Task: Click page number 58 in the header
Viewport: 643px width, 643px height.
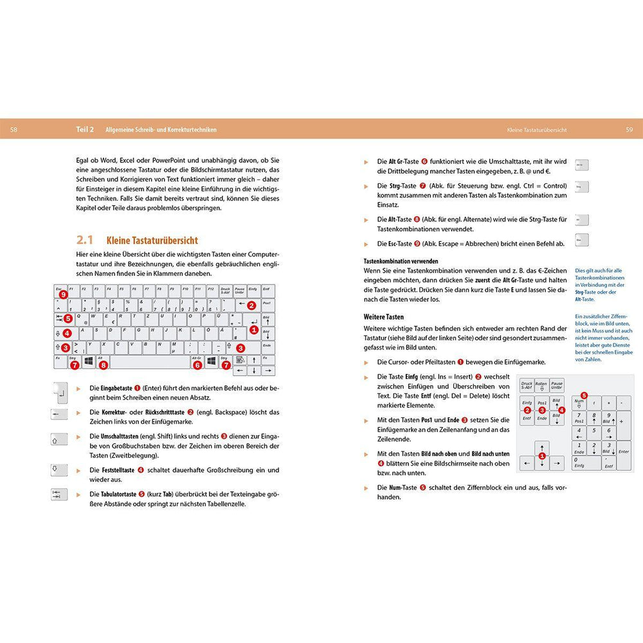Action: click(x=14, y=129)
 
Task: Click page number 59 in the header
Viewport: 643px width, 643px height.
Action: click(x=629, y=129)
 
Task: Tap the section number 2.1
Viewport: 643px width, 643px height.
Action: click(x=84, y=240)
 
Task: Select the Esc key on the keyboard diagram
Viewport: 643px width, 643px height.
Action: click(x=60, y=291)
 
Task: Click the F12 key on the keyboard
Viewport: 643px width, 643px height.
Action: click(x=212, y=291)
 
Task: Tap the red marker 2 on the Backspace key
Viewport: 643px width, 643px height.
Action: click(x=251, y=305)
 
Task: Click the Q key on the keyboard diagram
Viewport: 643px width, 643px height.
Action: click(x=80, y=319)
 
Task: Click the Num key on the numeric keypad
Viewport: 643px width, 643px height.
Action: click(x=579, y=403)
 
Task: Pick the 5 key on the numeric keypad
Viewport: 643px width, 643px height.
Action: click(x=594, y=433)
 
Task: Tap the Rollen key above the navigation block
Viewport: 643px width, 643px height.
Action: click(x=541, y=386)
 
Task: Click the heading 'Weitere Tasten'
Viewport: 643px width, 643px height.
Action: click(x=384, y=317)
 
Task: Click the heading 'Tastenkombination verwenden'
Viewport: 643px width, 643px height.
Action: click(x=401, y=262)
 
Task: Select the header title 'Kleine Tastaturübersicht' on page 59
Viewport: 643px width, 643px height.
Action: click(x=536, y=129)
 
